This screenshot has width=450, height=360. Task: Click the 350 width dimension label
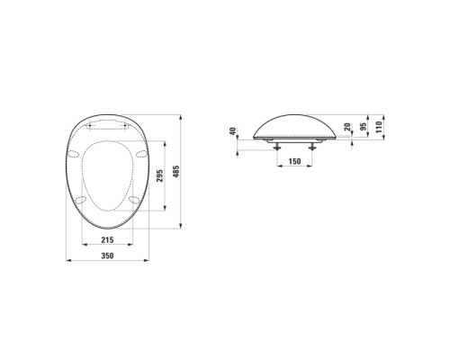pos(107,256)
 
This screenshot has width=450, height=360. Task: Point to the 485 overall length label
pos(186,168)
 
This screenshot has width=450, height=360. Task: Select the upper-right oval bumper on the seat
pos(141,153)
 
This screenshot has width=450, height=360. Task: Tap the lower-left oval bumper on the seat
pos(82,200)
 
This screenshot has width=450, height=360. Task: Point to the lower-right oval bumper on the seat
pos(133,200)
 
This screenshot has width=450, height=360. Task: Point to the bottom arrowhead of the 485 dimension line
pos(180,229)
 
